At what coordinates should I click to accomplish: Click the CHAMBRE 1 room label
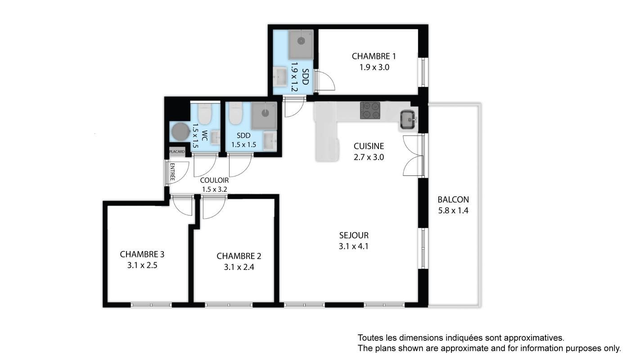pos(374,56)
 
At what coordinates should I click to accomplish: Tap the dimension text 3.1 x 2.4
pos(239,267)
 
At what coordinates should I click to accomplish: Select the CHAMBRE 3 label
pos(142,254)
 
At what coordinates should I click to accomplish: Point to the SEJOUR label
pos(354,235)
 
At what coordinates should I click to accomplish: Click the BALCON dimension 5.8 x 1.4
pos(453,211)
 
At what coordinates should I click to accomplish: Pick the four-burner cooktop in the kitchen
pos(370,110)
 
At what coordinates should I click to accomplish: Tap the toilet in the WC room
pos(205,113)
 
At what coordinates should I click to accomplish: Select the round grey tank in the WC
pos(180,132)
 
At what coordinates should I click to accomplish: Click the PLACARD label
pos(177,152)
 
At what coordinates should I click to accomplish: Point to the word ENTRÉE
pos(172,171)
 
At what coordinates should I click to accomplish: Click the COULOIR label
pos(214,180)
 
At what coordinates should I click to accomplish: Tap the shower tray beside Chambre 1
pos(301,44)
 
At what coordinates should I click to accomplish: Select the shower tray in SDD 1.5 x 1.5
pos(264,116)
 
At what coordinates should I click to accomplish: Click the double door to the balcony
pos(413,155)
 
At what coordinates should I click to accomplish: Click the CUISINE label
pos(369,146)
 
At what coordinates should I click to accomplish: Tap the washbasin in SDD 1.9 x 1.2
pos(279,76)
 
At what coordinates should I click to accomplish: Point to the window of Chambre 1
pos(423,72)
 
